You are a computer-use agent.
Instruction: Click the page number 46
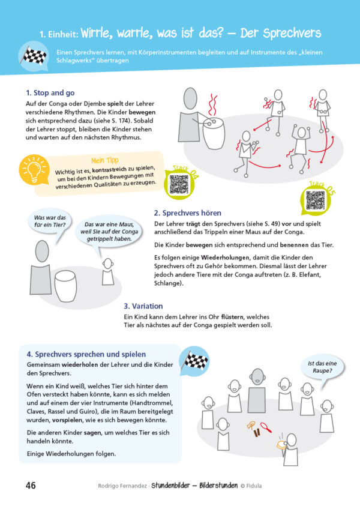pos(31,486)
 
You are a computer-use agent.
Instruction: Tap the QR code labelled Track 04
pos(179,184)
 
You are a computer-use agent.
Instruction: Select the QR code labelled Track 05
pos(315,200)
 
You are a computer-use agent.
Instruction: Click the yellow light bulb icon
pos(34,170)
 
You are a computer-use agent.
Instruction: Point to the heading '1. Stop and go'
pos(50,93)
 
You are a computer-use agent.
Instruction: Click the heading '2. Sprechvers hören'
pos(188,213)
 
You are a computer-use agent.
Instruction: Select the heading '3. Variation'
pos(143,306)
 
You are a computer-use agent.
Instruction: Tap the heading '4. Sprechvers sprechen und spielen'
pos(86,354)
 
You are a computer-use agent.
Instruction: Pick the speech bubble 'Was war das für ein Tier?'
pos(50,221)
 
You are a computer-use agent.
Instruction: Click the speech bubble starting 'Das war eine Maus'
pos(109,232)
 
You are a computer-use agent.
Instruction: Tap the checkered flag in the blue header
pos(34,55)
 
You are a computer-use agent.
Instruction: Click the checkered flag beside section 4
pos(196,361)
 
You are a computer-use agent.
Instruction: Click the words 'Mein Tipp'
pos(105,160)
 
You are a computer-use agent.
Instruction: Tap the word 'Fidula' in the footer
pos(254,486)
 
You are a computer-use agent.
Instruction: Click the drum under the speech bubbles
pos(65,286)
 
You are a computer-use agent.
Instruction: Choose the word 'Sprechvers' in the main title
pos(292,34)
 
